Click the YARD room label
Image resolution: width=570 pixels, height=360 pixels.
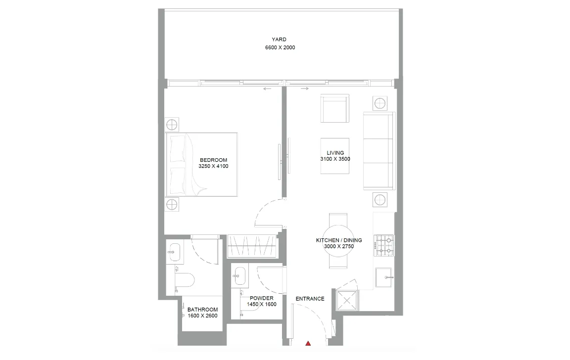tap(279, 40)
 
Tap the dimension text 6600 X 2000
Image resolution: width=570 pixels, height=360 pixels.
tap(280, 48)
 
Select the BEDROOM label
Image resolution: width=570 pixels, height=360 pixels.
tap(213, 160)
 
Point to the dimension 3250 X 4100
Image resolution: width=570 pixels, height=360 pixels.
tap(213, 167)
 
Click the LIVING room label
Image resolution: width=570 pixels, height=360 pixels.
tap(335, 153)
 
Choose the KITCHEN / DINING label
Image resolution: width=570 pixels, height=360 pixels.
tap(339, 240)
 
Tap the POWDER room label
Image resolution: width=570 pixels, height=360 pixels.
tap(262, 298)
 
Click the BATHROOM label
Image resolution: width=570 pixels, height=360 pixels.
tap(202, 310)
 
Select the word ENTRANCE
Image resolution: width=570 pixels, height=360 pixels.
tap(310, 299)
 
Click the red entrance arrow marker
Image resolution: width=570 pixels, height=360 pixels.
tap(308, 343)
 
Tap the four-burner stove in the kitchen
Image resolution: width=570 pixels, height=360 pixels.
tap(384, 246)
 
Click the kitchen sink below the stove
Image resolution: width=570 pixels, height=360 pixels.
tap(383, 277)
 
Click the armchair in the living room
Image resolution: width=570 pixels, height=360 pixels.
tap(335, 108)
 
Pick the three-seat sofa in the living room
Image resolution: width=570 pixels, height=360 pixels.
tap(379, 150)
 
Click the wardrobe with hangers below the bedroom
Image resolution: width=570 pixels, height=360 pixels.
tap(252, 246)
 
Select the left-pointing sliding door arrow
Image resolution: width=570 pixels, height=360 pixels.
tap(267, 89)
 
